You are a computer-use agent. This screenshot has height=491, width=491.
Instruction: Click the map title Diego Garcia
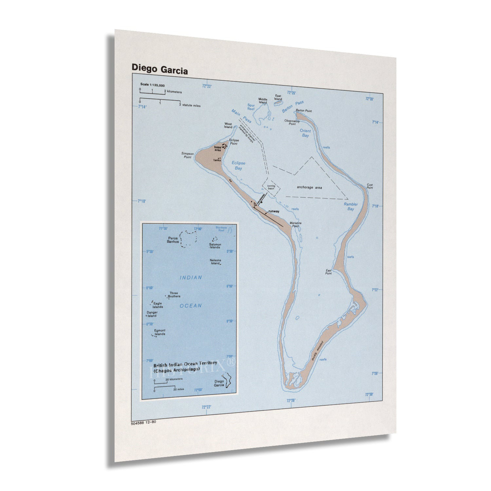[x=159, y=69]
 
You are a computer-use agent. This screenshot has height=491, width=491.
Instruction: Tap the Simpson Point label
[x=187, y=155]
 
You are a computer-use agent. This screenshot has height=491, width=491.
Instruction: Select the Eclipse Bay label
[x=238, y=165]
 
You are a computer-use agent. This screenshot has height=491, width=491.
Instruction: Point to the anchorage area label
[x=309, y=188]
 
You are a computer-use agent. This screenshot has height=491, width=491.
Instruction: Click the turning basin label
[x=271, y=187]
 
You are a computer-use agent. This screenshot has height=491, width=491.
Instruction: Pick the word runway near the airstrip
[x=274, y=211]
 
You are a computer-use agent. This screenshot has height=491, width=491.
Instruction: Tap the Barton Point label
[x=304, y=111]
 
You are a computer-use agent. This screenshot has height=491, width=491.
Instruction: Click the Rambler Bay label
[x=351, y=207]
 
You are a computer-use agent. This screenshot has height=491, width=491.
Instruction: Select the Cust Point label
[x=370, y=186]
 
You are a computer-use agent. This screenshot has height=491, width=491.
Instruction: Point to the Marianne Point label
[x=295, y=224]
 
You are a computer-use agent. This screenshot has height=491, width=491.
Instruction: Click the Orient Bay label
[x=305, y=133]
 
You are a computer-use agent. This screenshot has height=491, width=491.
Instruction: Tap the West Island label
[x=228, y=125]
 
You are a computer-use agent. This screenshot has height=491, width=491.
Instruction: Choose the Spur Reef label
[x=251, y=107]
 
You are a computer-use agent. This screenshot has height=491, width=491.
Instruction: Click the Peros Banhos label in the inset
[x=173, y=240]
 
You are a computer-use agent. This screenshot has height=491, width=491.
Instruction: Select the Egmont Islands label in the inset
[x=160, y=332]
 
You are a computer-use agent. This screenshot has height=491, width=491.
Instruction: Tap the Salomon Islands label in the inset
[x=215, y=246]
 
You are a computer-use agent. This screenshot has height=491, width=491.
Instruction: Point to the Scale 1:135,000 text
[x=153, y=85]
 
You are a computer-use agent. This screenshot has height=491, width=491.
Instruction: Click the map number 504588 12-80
[x=143, y=422]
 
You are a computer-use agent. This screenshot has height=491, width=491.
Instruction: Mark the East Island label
[x=278, y=98]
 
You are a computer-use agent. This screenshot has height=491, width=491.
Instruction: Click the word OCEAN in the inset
[x=191, y=306]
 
